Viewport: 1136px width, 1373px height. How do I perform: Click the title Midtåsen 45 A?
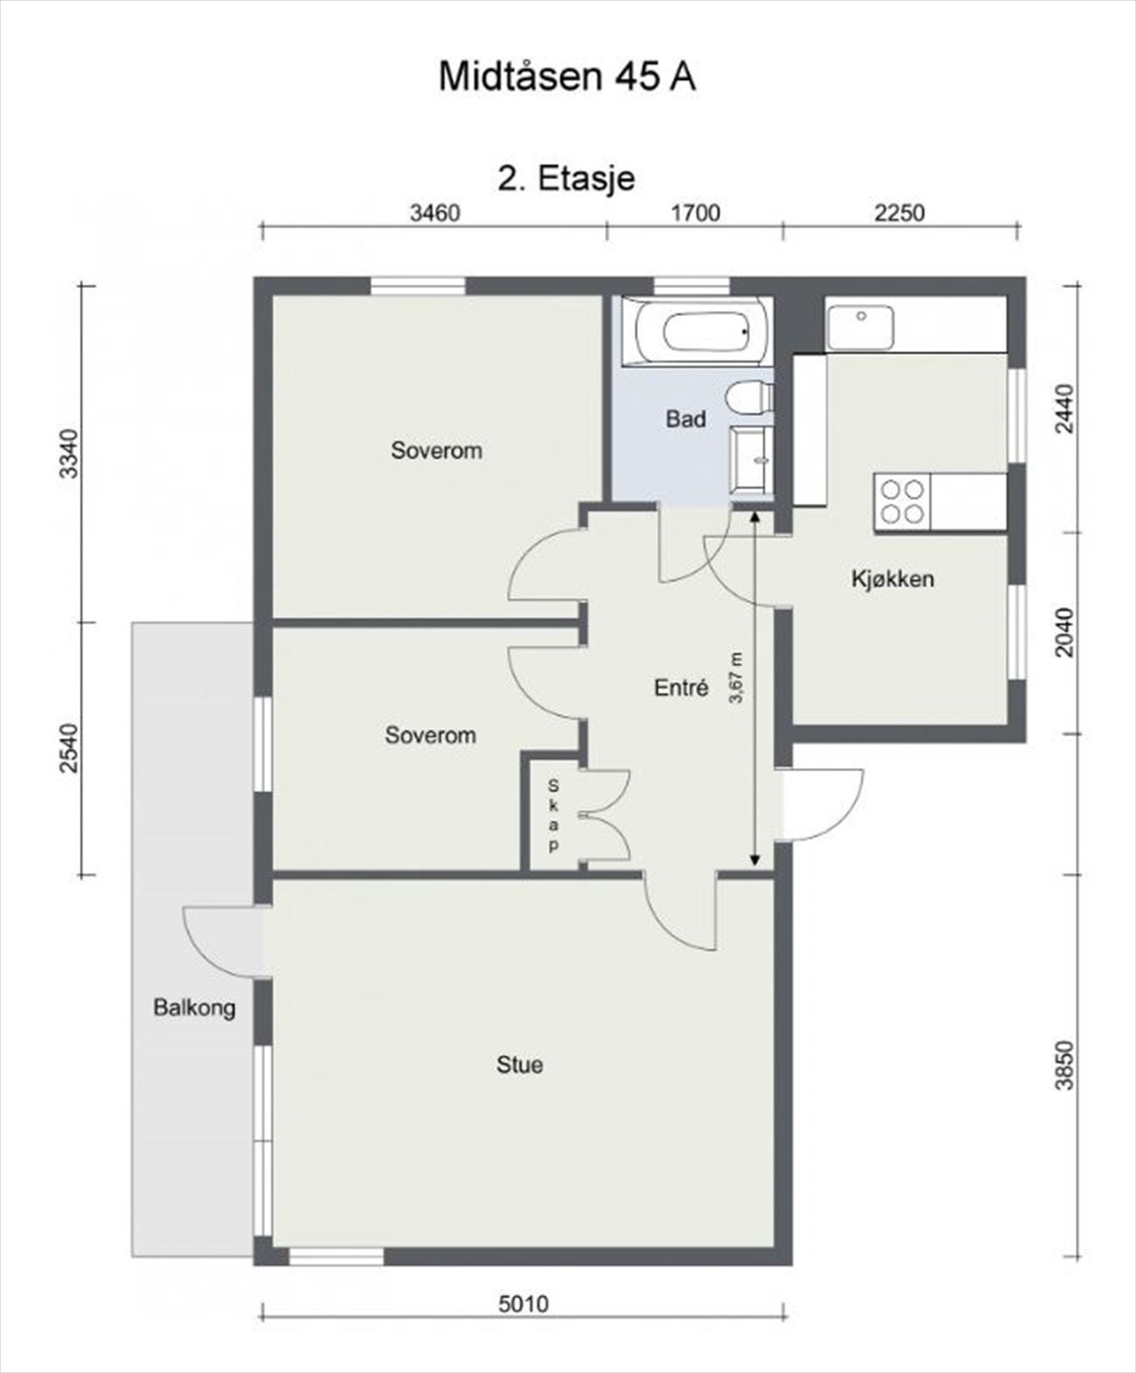click(x=566, y=76)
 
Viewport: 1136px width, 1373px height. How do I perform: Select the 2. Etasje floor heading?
click(x=566, y=178)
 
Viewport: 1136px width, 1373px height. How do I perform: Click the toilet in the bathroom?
click(x=749, y=399)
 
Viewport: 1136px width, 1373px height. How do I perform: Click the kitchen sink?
click(x=860, y=327)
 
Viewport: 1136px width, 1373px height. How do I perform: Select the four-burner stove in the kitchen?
click(x=903, y=501)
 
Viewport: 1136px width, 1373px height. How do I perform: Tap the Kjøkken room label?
click(x=892, y=578)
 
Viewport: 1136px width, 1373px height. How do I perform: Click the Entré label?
click(x=681, y=687)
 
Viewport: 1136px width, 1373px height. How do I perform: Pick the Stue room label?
click(x=520, y=1065)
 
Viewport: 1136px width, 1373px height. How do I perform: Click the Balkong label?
click(x=194, y=1007)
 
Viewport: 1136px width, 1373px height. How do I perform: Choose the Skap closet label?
click(x=553, y=815)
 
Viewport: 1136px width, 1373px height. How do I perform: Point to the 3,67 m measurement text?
click(x=736, y=678)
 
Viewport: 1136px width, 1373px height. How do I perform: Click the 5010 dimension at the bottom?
click(x=523, y=1305)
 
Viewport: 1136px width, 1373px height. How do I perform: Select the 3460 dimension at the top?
click(x=435, y=213)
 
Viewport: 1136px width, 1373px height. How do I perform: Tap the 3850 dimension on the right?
click(x=1064, y=1065)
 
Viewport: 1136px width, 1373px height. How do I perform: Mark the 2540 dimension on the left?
click(x=69, y=748)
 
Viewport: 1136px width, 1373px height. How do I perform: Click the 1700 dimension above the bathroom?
click(x=695, y=213)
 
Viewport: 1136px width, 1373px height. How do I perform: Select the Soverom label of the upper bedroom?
click(x=437, y=451)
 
